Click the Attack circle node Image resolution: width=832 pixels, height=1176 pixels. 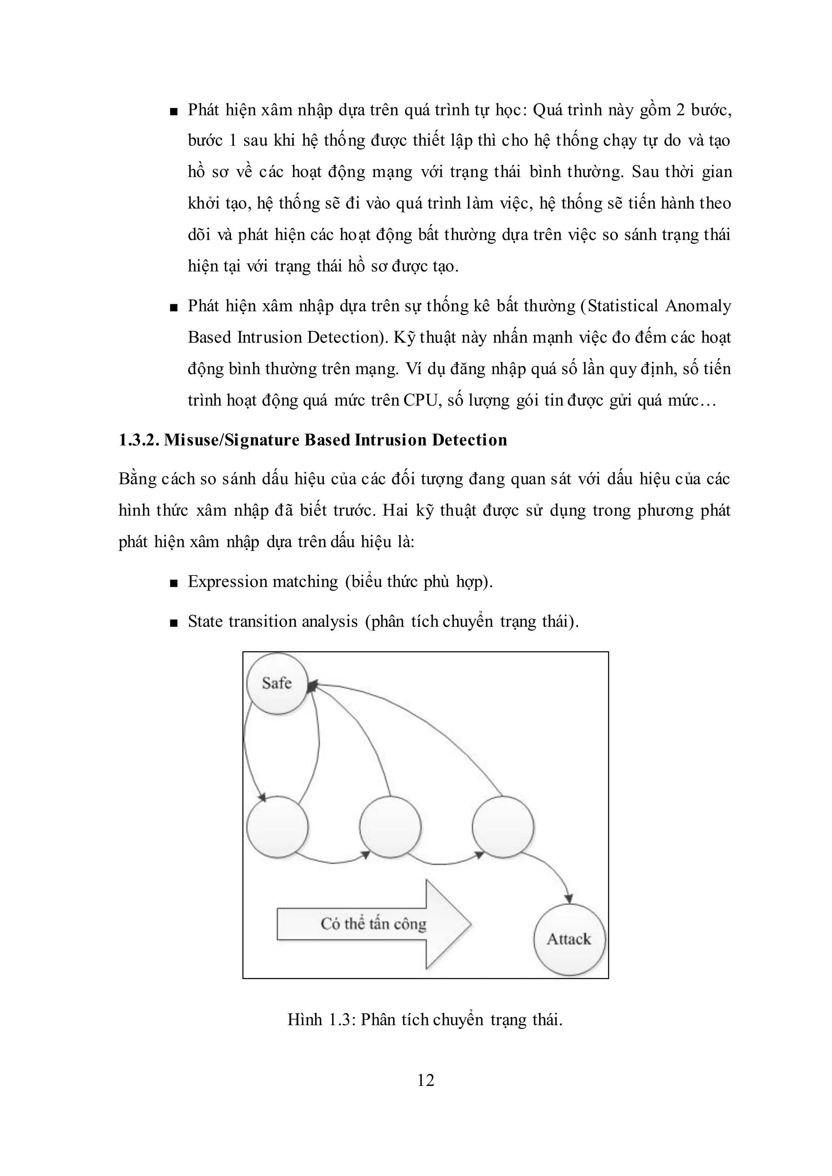click(x=569, y=939)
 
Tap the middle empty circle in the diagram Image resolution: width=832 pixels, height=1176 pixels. click(x=390, y=827)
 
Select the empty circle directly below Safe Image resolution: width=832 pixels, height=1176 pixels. click(x=277, y=827)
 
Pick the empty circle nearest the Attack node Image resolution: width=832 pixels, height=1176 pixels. click(x=503, y=827)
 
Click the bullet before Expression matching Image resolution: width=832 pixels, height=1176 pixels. click(x=174, y=583)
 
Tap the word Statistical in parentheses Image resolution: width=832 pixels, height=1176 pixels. click(x=622, y=306)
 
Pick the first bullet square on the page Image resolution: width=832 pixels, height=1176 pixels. click(x=174, y=111)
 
